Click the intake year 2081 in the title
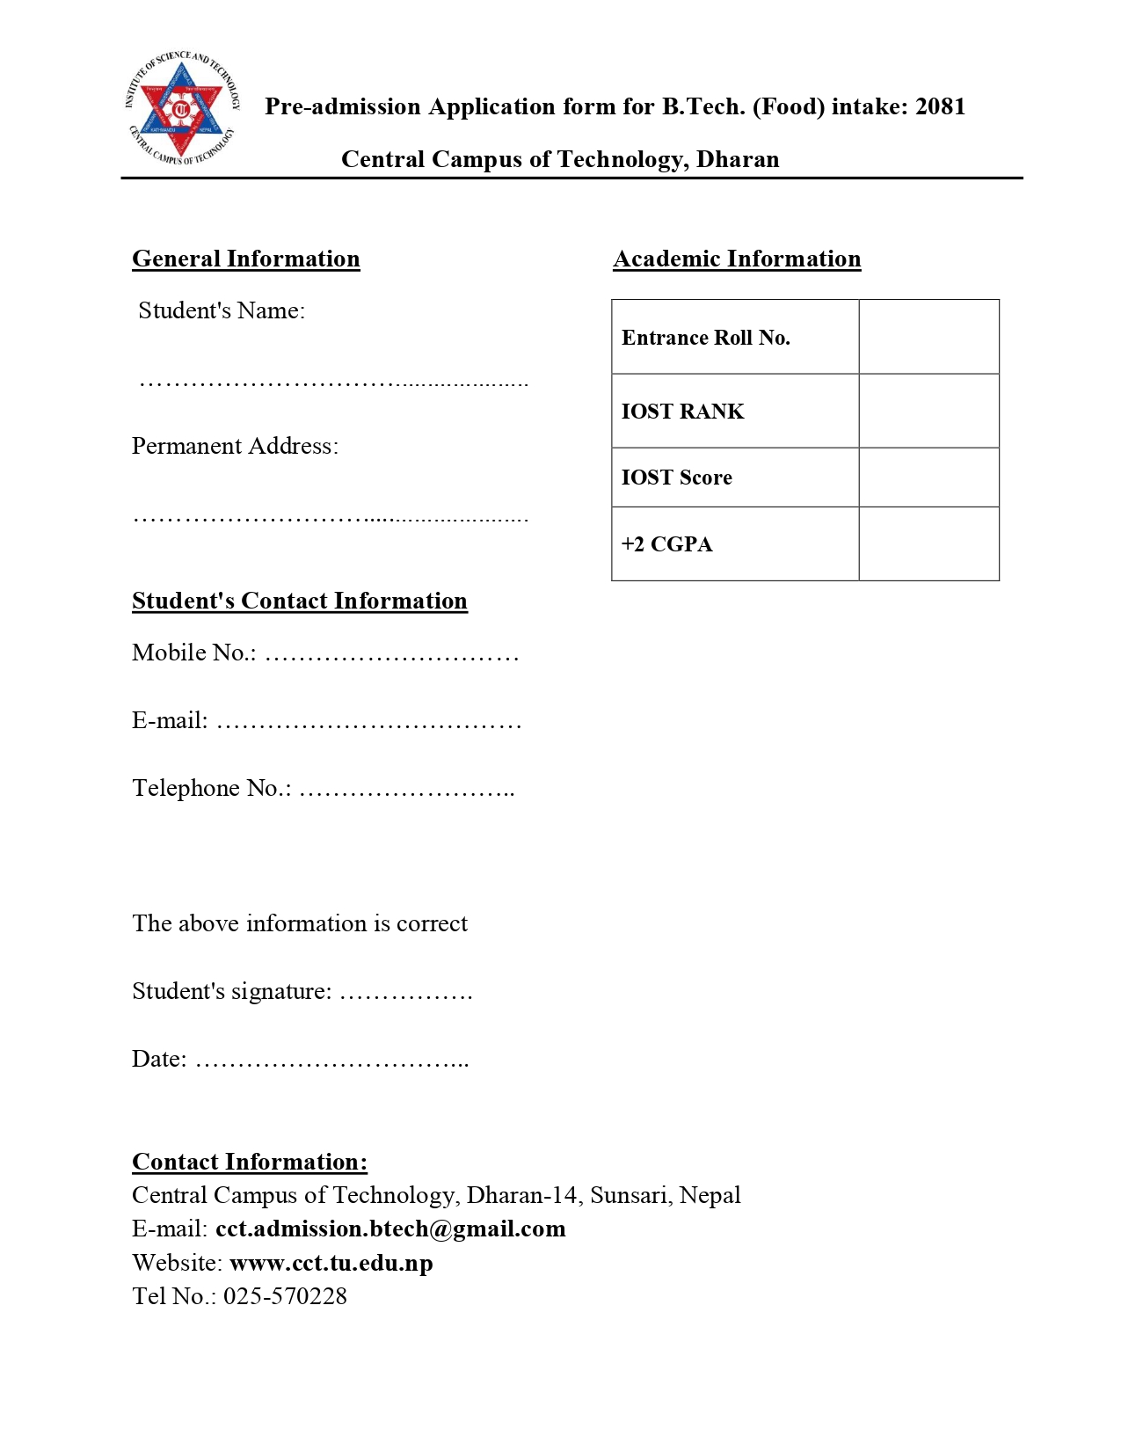pos(940,106)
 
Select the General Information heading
pos(245,259)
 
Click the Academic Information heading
pos(737,259)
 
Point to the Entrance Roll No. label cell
pos(734,337)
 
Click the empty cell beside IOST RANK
pos(928,411)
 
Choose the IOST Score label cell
pos(734,478)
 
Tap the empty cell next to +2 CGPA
pos(928,543)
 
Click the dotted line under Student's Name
pos(333,383)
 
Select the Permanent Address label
pos(235,446)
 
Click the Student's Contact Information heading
pos(299,601)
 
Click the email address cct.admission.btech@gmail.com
pos(390,1229)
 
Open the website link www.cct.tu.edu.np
pos(331,1263)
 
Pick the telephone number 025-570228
pos(285,1296)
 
